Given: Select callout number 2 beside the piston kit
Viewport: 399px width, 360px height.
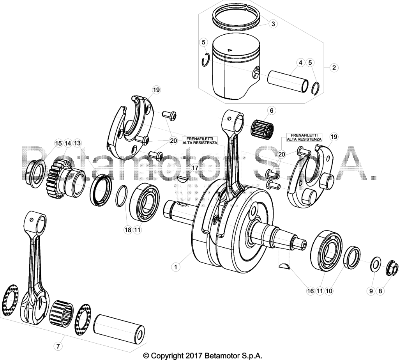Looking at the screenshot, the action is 334,67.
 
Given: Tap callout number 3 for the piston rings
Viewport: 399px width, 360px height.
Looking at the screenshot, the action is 273,24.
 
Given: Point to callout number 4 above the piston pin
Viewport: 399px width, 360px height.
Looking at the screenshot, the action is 300,62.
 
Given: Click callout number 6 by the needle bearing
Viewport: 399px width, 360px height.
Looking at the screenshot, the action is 272,110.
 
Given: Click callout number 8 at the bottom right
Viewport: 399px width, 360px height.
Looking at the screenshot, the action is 380,291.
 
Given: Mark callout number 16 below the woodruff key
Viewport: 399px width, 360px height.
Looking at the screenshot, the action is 310,291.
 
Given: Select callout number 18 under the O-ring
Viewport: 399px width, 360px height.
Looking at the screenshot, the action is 128,230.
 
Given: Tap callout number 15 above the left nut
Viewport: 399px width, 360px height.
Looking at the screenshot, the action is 58,144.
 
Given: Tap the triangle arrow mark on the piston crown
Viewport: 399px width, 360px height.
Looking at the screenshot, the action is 230,50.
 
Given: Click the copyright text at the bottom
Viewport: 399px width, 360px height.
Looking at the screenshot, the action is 203,355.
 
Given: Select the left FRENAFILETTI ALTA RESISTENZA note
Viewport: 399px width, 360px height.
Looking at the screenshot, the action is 200,141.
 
